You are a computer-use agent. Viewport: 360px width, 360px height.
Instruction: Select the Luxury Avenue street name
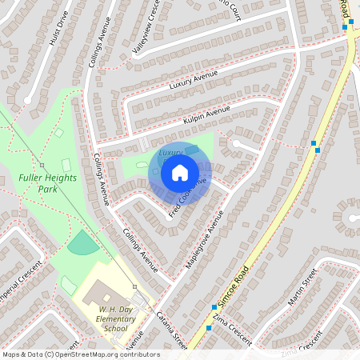click(x=194, y=80)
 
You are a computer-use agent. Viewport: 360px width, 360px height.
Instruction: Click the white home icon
click(x=180, y=171)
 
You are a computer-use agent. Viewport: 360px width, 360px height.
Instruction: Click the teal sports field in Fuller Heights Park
click(x=83, y=242)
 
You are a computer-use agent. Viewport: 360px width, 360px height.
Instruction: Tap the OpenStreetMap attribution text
click(x=81, y=354)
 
